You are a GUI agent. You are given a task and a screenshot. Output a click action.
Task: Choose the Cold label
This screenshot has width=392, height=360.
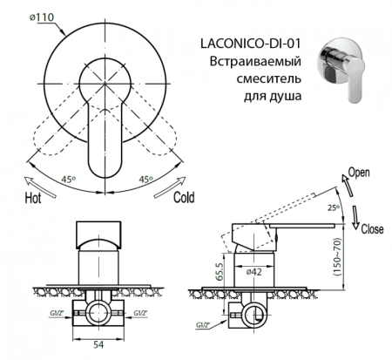point(184,197)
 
